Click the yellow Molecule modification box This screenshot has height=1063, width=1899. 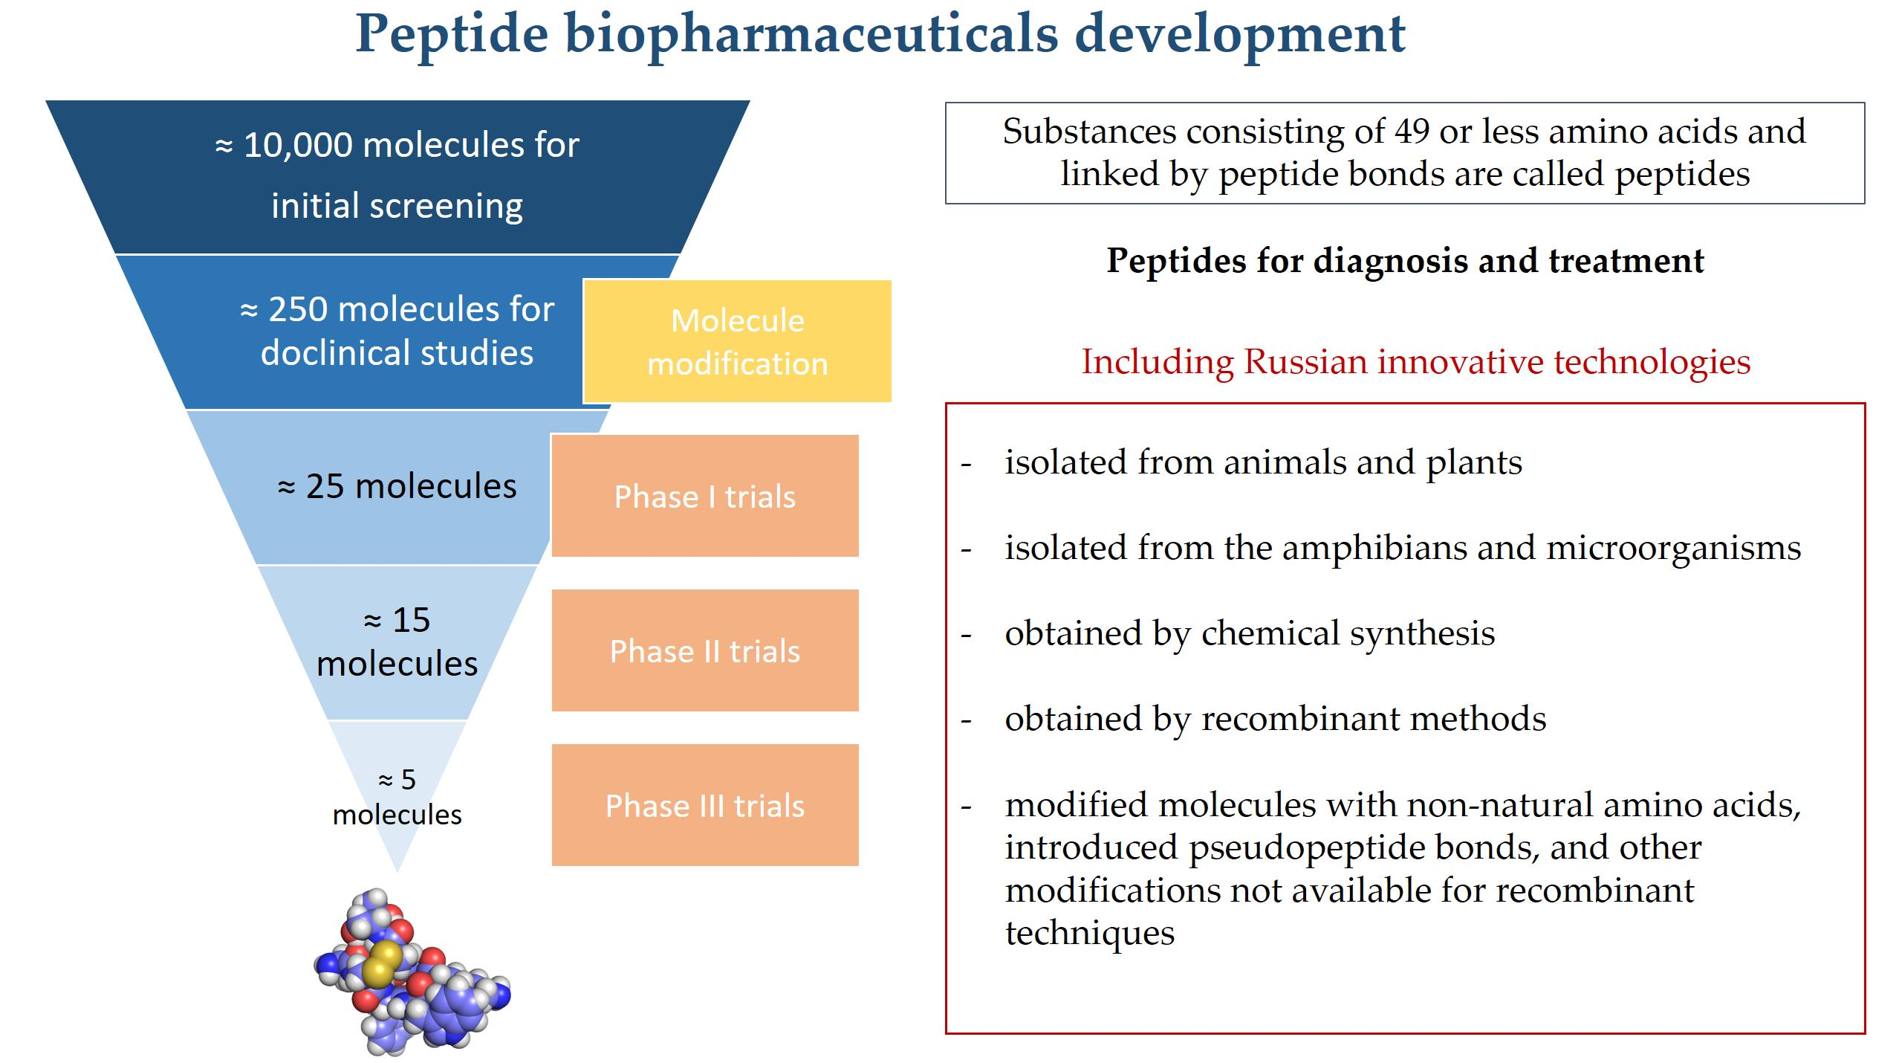coord(737,341)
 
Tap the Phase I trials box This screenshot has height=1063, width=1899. coord(705,496)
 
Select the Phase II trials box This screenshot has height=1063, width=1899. coord(705,650)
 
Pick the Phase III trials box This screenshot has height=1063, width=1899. coord(705,805)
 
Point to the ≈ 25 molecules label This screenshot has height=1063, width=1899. coord(397,486)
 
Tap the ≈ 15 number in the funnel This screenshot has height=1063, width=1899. coord(397,619)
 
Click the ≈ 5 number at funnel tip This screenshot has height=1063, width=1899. coord(397,779)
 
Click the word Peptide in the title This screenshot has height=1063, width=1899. coord(452,34)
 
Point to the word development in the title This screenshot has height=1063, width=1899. coord(1240,34)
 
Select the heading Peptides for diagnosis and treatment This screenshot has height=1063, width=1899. coord(1405,261)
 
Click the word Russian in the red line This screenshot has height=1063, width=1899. coord(1305,362)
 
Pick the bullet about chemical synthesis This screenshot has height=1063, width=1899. coord(1250,634)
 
